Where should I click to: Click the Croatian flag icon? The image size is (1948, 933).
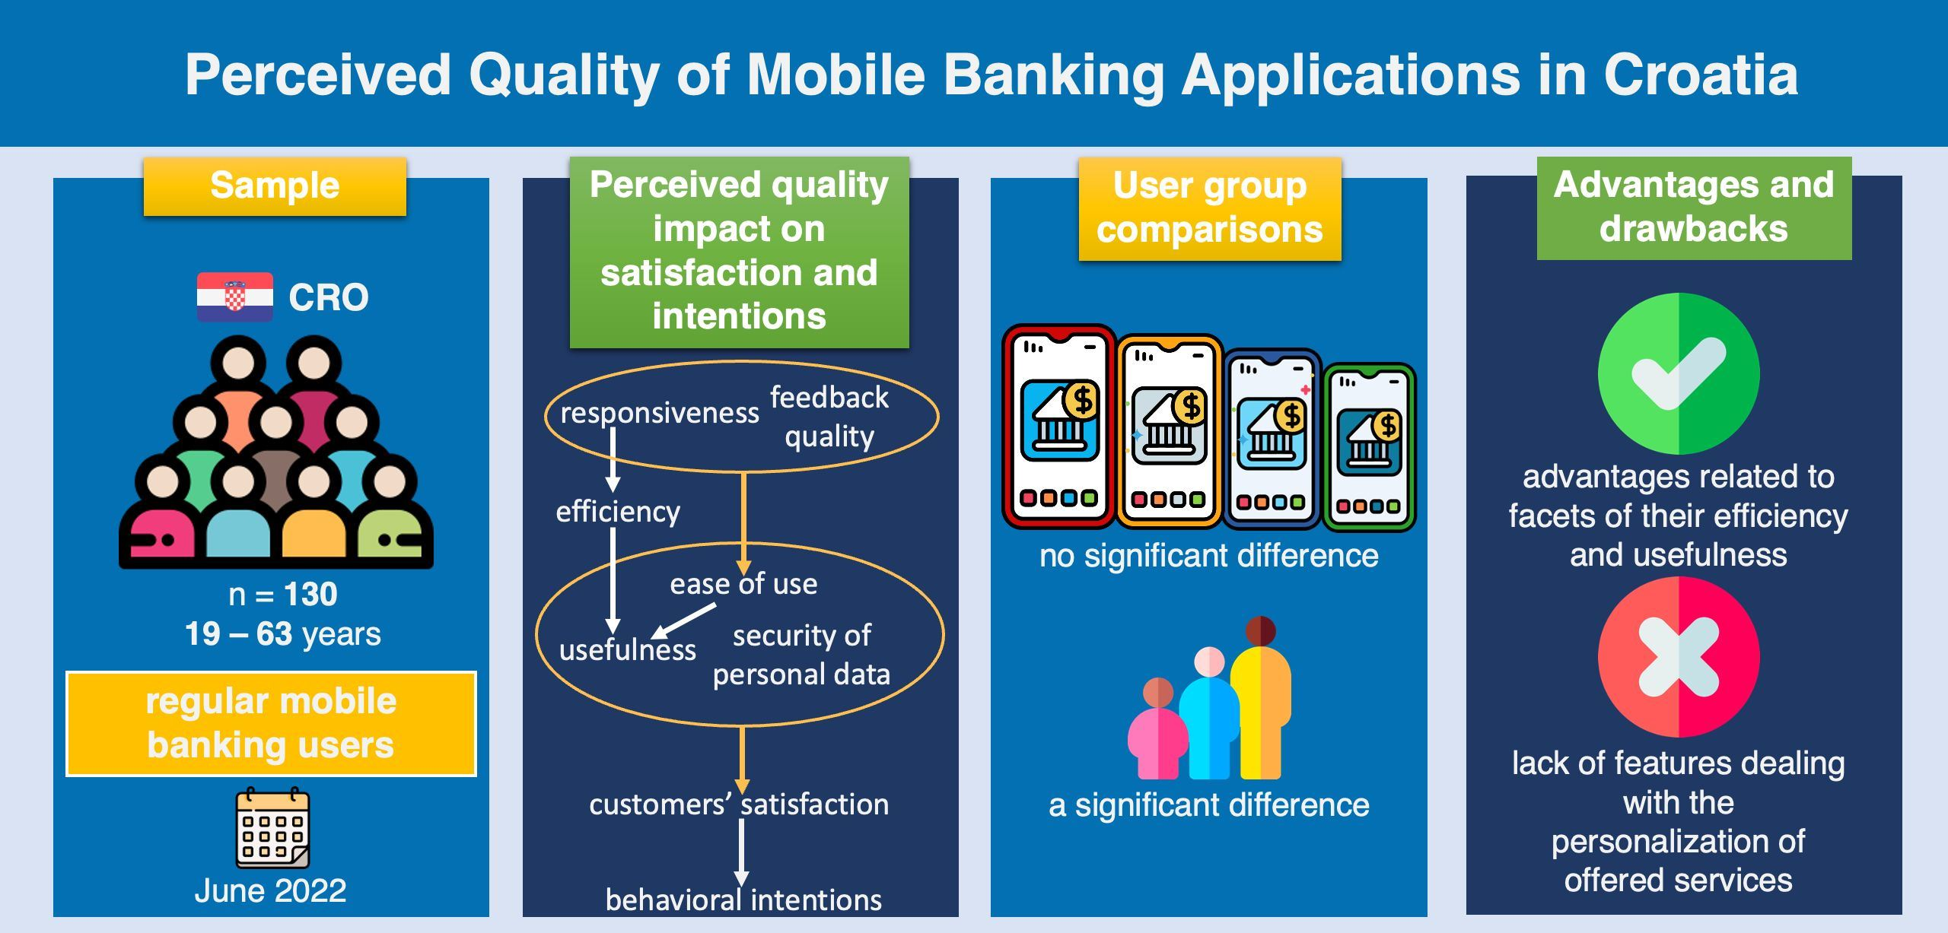click(x=234, y=297)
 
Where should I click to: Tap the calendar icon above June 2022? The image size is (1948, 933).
click(x=272, y=829)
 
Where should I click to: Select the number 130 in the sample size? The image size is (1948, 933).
click(x=310, y=595)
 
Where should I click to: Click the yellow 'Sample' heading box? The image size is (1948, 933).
click(x=275, y=186)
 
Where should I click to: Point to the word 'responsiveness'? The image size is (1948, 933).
click(x=659, y=413)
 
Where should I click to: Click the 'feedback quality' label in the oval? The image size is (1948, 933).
click(x=829, y=417)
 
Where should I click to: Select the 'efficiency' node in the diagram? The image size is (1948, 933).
click(x=618, y=512)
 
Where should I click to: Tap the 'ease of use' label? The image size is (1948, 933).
click(x=743, y=584)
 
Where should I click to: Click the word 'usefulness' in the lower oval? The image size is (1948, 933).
click(x=627, y=650)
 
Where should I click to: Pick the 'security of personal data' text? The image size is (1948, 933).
click(x=801, y=655)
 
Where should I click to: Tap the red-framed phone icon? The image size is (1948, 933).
click(x=1058, y=427)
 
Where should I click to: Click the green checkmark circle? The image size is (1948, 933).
click(x=1678, y=373)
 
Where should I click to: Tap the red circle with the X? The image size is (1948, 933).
click(x=1678, y=657)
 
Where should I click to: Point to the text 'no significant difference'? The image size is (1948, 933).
click(x=1208, y=556)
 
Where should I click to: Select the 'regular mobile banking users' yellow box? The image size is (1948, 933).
click(x=271, y=723)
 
